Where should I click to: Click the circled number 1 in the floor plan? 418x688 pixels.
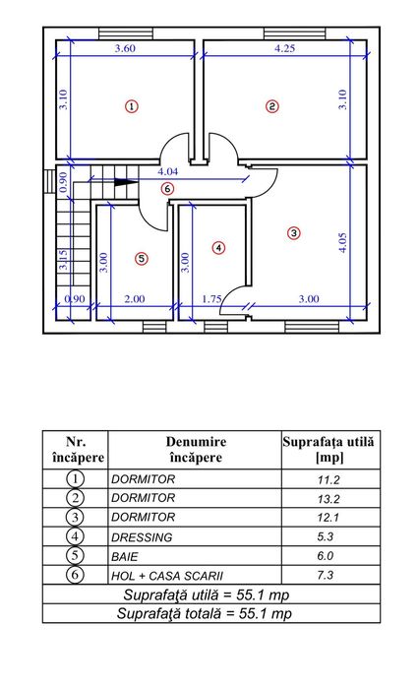click(131, 105)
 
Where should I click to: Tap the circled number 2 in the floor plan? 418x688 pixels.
click(271, 105)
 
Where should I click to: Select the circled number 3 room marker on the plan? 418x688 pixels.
click(293, 232)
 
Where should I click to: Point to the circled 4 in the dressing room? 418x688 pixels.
click(218, 248)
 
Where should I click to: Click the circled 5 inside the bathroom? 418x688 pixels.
click(142, 259)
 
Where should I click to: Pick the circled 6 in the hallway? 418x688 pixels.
click(167, 189)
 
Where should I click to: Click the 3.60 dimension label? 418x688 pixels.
click(125, 48)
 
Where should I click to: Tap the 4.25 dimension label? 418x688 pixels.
click(284, 48)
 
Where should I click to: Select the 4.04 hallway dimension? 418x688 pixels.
click(167, 171)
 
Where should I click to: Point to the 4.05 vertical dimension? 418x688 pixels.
click(342, 242)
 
